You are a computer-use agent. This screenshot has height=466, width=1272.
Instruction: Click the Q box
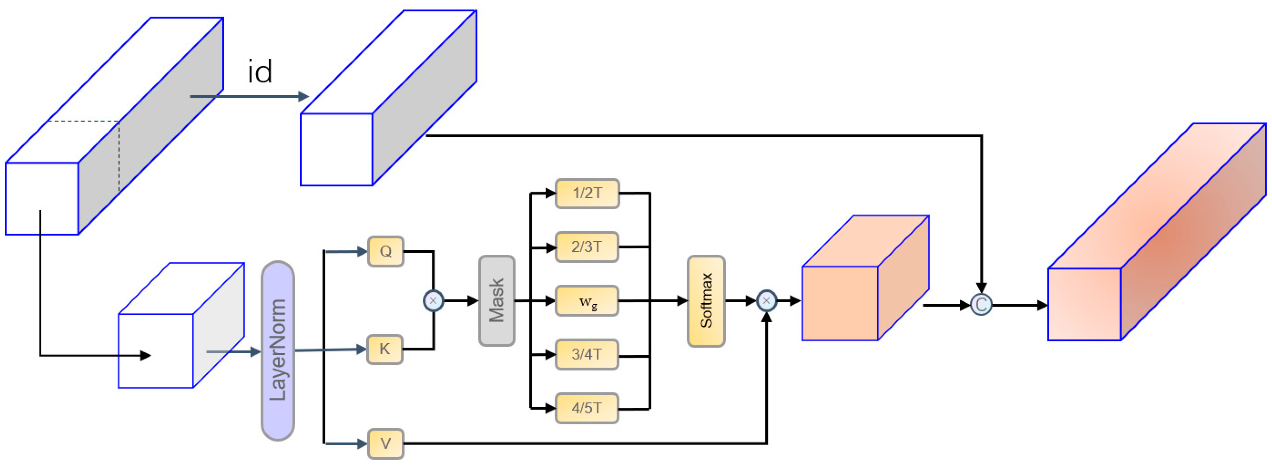coord(385,251)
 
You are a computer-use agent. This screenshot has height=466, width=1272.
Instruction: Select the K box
coord(384,349)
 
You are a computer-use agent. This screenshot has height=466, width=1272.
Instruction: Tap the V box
coord(385,443)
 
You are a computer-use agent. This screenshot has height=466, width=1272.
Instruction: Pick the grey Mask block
coord(496,301)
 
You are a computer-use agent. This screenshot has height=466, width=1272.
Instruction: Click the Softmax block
coord(706,301)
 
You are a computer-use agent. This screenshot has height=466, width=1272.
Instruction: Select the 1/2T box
coord(586,193)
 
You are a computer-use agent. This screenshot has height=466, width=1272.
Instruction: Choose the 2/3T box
coord(586,247)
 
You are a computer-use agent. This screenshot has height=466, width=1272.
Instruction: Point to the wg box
coord(586,301)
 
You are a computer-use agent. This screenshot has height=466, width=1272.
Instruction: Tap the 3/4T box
coord(586,354)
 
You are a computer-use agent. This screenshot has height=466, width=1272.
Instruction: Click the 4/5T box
coord(586,408)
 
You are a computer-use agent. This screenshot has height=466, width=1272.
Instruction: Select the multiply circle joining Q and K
coord(433,301)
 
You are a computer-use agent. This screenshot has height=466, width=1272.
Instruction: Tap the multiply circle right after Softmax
coord(766,301)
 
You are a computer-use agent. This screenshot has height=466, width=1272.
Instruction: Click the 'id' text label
coord(260,72)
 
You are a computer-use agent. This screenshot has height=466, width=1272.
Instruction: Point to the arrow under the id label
coord(249,96)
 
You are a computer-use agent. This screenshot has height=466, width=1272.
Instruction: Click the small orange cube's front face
coord(839,303)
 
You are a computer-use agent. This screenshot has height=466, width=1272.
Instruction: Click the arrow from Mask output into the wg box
coord(536,301)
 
